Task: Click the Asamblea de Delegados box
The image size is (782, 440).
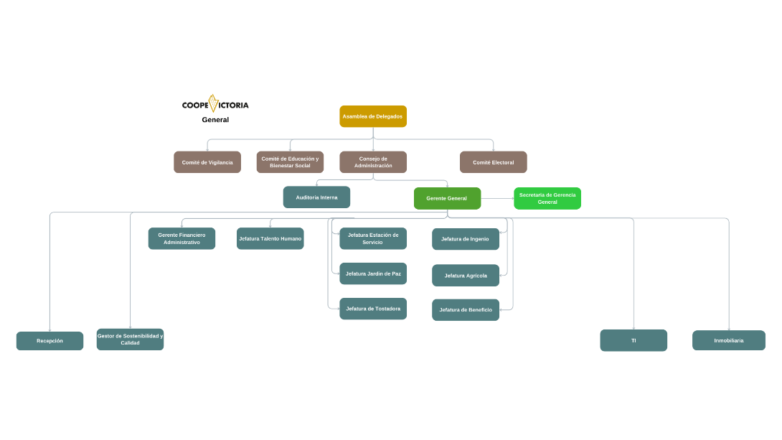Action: coord(373,116)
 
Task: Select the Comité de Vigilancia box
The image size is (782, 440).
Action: coord(207,162)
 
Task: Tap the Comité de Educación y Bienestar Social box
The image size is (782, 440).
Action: coord(290,162)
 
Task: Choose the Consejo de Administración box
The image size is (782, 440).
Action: coord(373,162)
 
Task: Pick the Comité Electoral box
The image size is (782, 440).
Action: coord(494,162)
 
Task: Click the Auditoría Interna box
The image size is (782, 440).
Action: coord(316,197)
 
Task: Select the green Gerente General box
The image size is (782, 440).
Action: coord(447,198)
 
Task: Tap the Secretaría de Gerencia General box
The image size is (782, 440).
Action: coord(547,198)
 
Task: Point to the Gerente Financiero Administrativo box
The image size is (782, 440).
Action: coord(182,238)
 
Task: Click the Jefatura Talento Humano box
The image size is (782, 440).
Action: coord(270,238)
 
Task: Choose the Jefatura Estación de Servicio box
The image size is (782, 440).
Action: coord(373,238)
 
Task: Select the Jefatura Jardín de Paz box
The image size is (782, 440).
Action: coord(373,273)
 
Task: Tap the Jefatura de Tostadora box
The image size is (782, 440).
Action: coord(373,309)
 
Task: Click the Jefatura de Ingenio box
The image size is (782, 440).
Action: coord(466,239)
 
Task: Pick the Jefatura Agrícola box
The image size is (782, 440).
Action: coord(466,276)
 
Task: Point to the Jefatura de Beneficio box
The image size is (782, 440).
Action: coord(466,310)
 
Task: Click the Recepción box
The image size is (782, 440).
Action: coord(50,341)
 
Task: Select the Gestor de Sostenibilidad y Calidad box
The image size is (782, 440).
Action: coord(130,340)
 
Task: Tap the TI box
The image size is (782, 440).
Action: coord(633,340)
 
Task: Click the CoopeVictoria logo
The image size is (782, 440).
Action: coord(215,105)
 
